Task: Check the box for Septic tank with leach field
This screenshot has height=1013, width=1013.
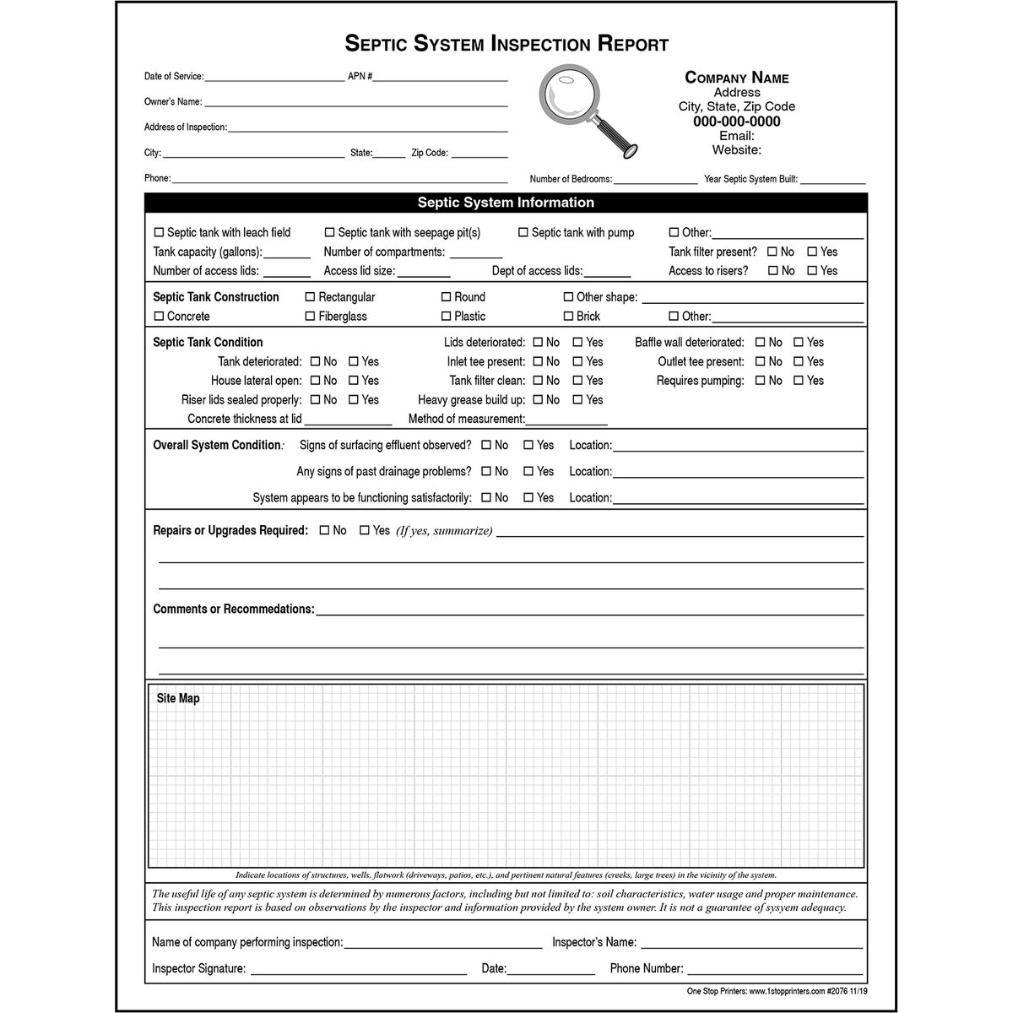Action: tap(159, 233)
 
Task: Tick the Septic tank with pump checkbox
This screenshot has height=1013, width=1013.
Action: tap(523, 233)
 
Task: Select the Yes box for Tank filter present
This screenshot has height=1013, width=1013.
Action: tap(812, 252)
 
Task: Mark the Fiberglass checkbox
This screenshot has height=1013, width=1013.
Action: tap(310, 317)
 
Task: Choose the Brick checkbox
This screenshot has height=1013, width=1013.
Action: tap(568, 317)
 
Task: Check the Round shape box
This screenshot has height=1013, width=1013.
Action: tap(446, 297)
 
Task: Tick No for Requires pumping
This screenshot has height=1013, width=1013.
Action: tap(760, 381)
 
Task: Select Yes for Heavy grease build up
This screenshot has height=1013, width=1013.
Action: tap(577, 400)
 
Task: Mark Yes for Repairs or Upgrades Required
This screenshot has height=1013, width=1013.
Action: tap(365, 531)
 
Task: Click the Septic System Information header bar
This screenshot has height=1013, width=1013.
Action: tap(506, 203)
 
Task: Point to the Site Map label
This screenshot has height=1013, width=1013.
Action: tap(178, 699)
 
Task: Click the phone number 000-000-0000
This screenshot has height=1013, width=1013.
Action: tap(736, 122)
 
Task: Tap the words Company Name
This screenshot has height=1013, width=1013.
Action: tap(736, 78)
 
